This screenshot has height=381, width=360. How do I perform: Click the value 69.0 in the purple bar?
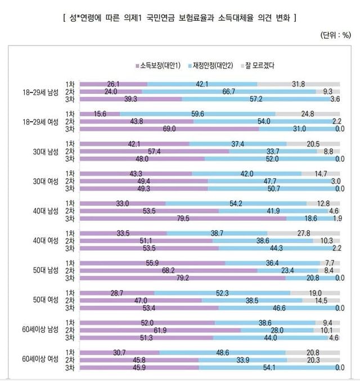pyautogui.click(x=169, y=129)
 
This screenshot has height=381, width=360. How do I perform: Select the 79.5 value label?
pyautogui.click(x=183, y=218)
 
